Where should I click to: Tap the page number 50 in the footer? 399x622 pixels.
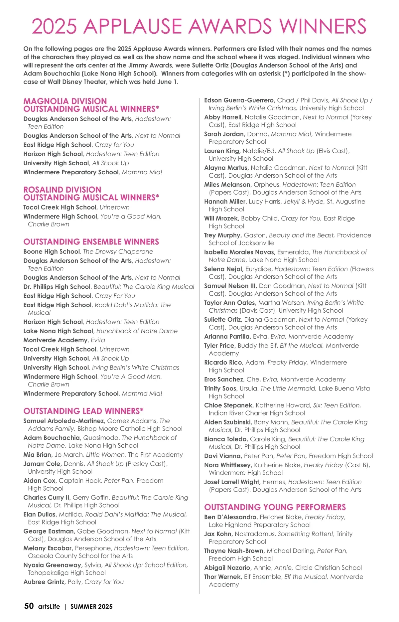29,606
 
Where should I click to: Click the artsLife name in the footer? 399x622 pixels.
49,606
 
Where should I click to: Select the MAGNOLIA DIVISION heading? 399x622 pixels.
65,101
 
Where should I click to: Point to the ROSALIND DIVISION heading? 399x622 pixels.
62,190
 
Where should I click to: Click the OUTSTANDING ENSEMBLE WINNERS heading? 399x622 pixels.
91,242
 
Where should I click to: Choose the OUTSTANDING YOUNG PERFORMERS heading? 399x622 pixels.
275,507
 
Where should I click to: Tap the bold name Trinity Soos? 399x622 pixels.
220,389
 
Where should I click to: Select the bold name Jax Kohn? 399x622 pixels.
218,534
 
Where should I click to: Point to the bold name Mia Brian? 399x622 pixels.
38,455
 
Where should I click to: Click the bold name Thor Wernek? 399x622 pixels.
222,577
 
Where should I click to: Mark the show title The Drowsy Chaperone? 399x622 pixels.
118,251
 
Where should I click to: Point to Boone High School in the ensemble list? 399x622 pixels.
52,251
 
